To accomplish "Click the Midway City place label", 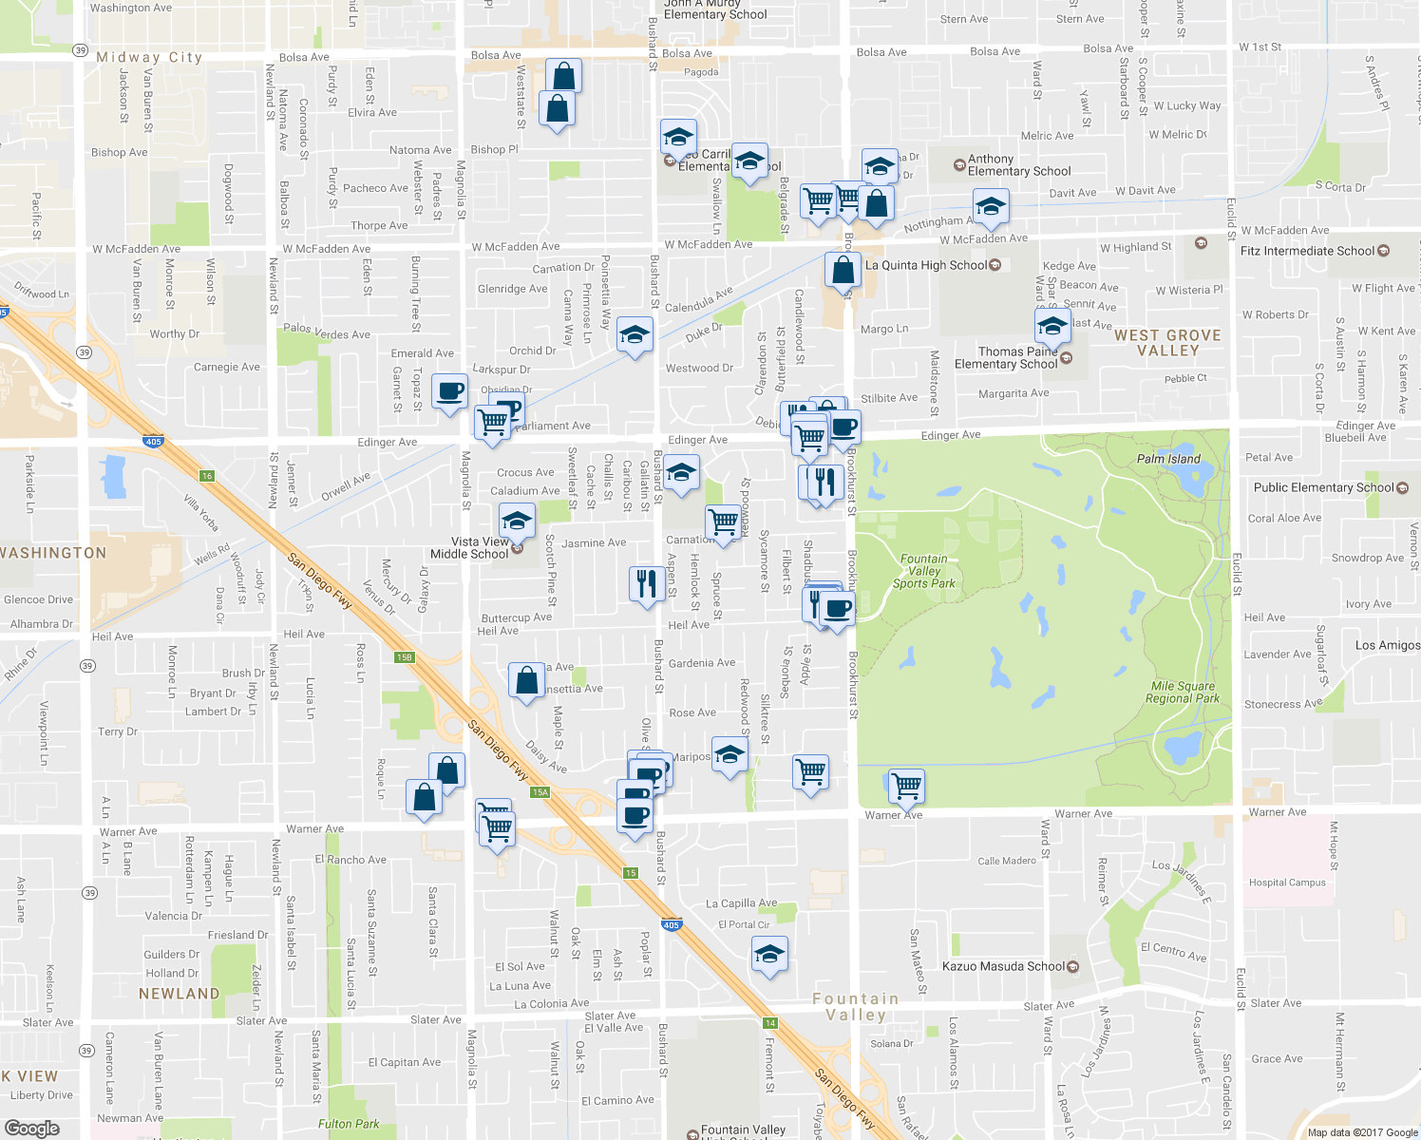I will pos(149,57).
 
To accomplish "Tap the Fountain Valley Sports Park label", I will pos(923,571).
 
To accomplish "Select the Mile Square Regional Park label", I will pos(1183,692).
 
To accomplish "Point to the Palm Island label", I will pos(1168,459).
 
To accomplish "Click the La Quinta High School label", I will pos(926,265).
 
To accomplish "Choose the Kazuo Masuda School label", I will pos(1003,966).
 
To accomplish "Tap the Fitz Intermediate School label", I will pos(1307,251).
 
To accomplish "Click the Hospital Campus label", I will pos(1287,883).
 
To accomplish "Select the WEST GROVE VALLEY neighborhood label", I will pos(1167,343).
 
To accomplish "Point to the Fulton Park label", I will pos(349,1124).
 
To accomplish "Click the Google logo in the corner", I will pos(31,1128).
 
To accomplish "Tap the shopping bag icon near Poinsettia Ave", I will pos(526,681).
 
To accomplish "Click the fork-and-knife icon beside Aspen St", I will pos(646,582).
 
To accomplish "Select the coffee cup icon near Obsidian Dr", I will pos(450,390).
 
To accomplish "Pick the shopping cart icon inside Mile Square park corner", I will pos(906,786).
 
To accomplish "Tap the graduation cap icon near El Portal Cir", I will pos(769,954).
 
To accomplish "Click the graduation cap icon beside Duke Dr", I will pos(635,334).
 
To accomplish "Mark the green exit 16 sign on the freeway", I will pos(207,476).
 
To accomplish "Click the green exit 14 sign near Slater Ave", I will pos(769,1023).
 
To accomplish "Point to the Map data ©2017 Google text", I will pos(1362,1132).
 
